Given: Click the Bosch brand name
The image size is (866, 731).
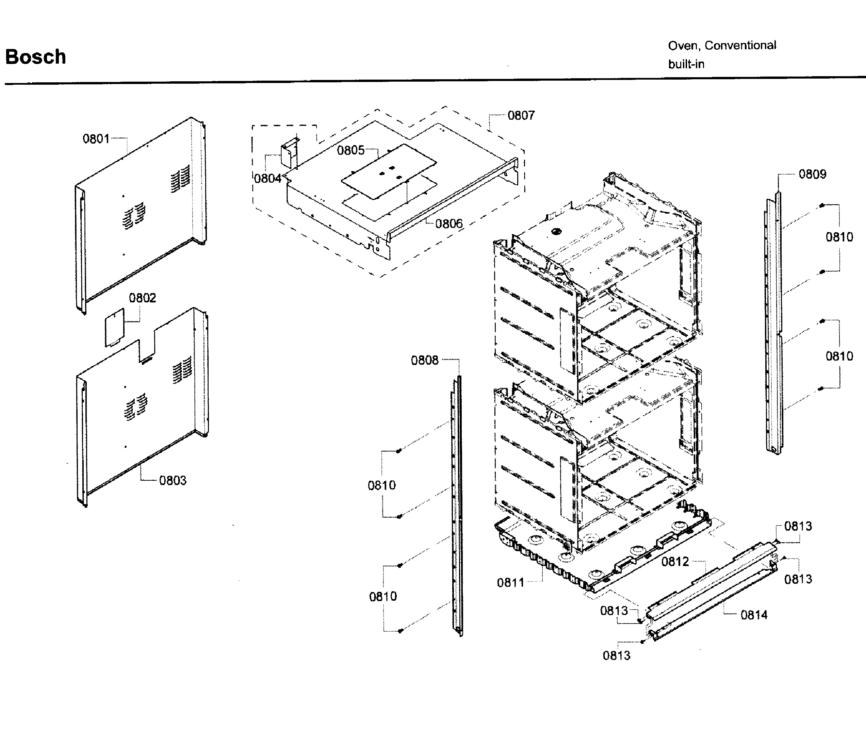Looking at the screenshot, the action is pyautogui.click(x=36, y=57).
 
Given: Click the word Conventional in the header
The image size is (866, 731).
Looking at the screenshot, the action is pyautogui.click(x=740, y=45).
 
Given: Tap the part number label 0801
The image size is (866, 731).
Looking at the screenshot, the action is pyautogui.click(x=96, y=139).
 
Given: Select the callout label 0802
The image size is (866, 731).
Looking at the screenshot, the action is pyautogui.click(x=143, y=298).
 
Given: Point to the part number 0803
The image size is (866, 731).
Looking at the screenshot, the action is pyautogui.click(x=173, y=481).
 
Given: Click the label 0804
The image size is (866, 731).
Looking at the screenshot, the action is pyautogui.click(x=268, y=179).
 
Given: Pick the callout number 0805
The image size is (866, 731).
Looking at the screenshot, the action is pyautogui.click(x=351, y=150).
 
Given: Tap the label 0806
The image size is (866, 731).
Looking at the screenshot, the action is pyautogui.click(x=449, y=224).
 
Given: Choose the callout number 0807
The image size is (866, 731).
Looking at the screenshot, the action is pyautogui.click(x=521, y=116).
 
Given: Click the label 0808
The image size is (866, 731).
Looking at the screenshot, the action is pyautogui.click(x=425, y=361).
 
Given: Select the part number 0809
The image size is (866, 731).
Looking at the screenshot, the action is pyautogui.click(x=813, y=174).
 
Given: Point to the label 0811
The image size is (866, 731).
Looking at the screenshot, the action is pyautogui.click(x=511, y=583).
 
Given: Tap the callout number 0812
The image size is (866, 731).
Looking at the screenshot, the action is pyautogui.click(x=675, y=562).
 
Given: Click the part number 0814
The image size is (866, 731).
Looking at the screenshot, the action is pyautogui.click(x=754, y=615).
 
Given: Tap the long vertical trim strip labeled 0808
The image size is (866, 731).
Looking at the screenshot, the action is pyautogui.click(x=457, y=505).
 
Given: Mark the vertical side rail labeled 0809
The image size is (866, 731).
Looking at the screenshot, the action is pyautogui.click(x=773, y=323).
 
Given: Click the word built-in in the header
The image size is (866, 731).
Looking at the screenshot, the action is pyautogui.click(x=686, y=64).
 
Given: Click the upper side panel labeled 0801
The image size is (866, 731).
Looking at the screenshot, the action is pyautogui.click(x=141, y=215).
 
